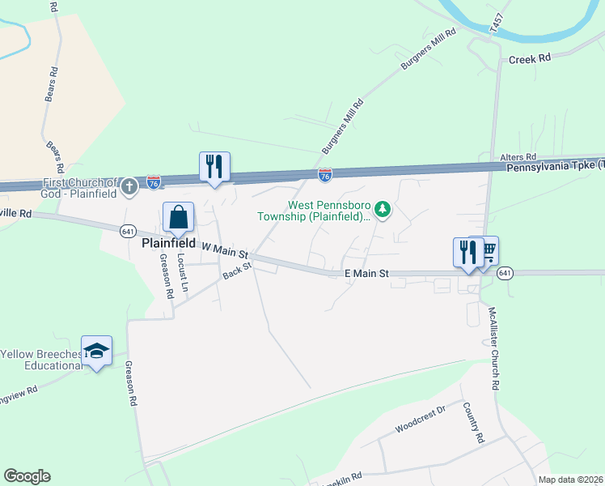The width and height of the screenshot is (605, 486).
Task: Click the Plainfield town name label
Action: point(169,242)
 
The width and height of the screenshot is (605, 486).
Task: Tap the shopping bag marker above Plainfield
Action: point(178,218)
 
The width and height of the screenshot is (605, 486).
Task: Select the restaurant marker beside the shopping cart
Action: point(467,254)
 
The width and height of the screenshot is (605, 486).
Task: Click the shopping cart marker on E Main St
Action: point(487,252)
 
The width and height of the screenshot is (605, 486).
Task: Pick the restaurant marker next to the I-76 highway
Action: point(214,168)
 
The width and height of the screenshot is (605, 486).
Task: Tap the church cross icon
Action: point(129,188)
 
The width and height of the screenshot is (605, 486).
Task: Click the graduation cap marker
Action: point(97,352)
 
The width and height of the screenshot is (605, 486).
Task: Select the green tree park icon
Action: point(383,211)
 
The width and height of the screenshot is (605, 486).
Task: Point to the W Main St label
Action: point(225,250)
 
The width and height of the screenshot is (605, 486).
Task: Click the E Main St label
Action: point(366,275)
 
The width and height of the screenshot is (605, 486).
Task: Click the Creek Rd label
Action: point(529,58)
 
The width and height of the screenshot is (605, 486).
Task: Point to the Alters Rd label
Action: point(518,156)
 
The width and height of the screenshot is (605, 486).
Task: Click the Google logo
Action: point(27,476)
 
